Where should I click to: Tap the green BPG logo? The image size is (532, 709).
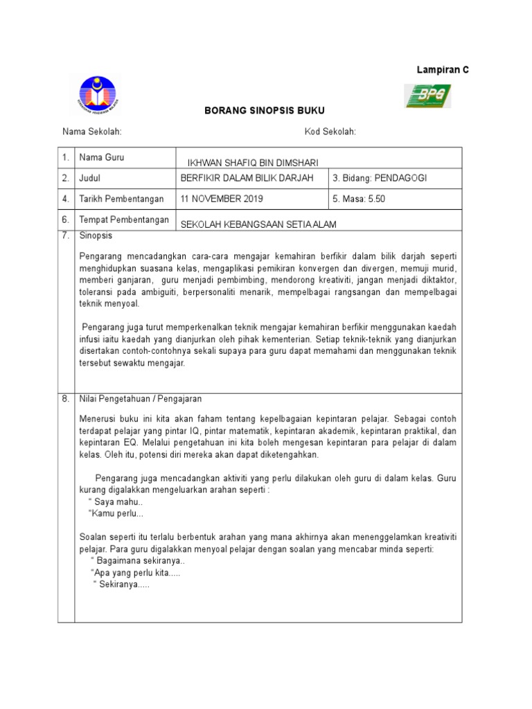coord(427,96)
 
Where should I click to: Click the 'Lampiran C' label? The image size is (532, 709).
coord(442,71)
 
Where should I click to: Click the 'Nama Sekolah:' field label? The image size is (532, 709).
coord(92,132)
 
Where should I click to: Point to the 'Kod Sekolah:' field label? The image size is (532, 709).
coord(330,132)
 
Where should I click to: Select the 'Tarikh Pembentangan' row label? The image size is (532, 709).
coord(121,199)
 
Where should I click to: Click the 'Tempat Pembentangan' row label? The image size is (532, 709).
coord(124,219)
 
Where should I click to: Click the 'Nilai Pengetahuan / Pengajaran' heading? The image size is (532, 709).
coord(141,399)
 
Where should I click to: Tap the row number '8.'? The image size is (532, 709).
coord(66,399)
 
